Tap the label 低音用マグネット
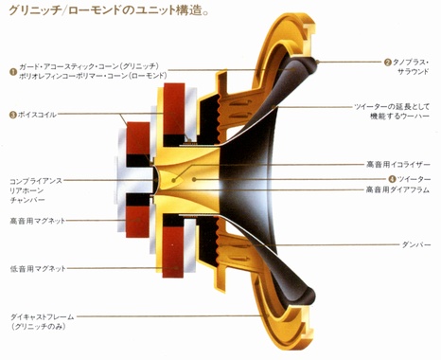37,269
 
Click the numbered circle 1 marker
13,69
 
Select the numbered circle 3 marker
13,115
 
